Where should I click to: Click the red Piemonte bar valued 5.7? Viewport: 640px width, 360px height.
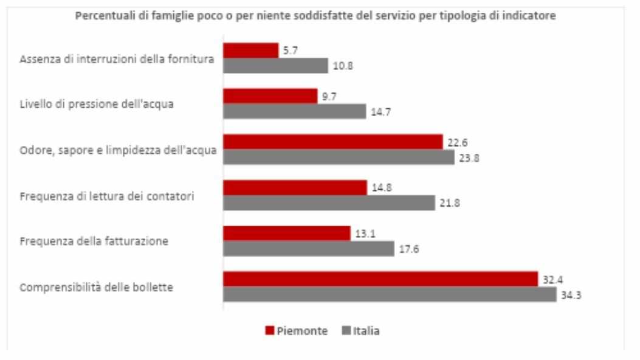pyautogui.click(x=250, y=50)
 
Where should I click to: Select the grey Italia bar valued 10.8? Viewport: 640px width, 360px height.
pyautogui.click(x=275, y=66)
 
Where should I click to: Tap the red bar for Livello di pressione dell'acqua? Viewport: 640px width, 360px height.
pyautogui.click(x=270, y=96)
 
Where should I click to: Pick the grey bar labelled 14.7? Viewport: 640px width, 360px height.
pyautogui.click(x=294, y=111)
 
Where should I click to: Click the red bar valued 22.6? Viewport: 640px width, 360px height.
pyautogui.click(x=332, y=142)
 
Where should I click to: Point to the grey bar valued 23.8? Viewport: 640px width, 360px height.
pyautogui.click(x=339, y=157)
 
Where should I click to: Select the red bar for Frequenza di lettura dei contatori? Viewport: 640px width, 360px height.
pyautogui.click(x=295, y=188)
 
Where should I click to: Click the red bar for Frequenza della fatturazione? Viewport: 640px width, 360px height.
pyautogui.click(x=287, y=234)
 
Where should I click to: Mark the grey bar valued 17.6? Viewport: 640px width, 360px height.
pyautogui.click(x=309, y=249)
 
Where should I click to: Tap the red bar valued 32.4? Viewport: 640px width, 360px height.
pyautogui.click(x=380, y=279)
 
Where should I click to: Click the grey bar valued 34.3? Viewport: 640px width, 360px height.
pyautogui.click(x=390, y=294)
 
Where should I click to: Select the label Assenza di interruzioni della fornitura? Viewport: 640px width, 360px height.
pyautogui.click(x=117, y=59)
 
